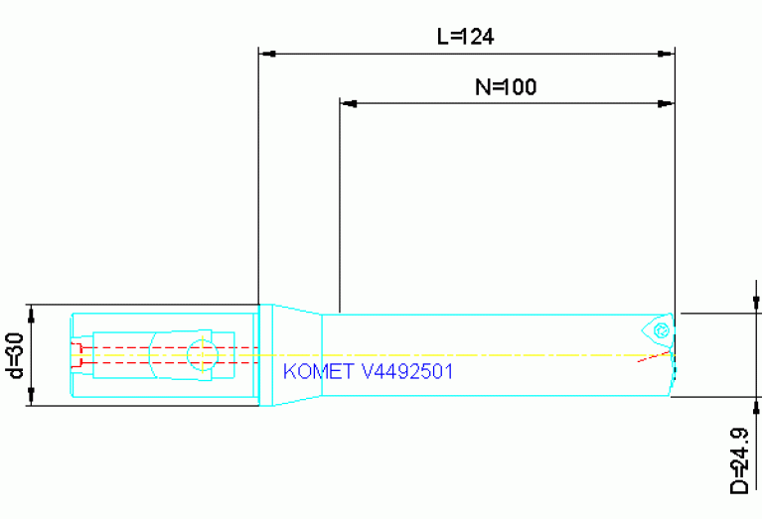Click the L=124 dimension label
coord(466,37)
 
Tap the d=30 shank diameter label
coord(15,355)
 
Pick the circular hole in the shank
coord(203,354)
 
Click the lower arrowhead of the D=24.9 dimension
coord(755,406)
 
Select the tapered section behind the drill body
coord(298,354)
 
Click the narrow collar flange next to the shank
coord(265,354)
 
